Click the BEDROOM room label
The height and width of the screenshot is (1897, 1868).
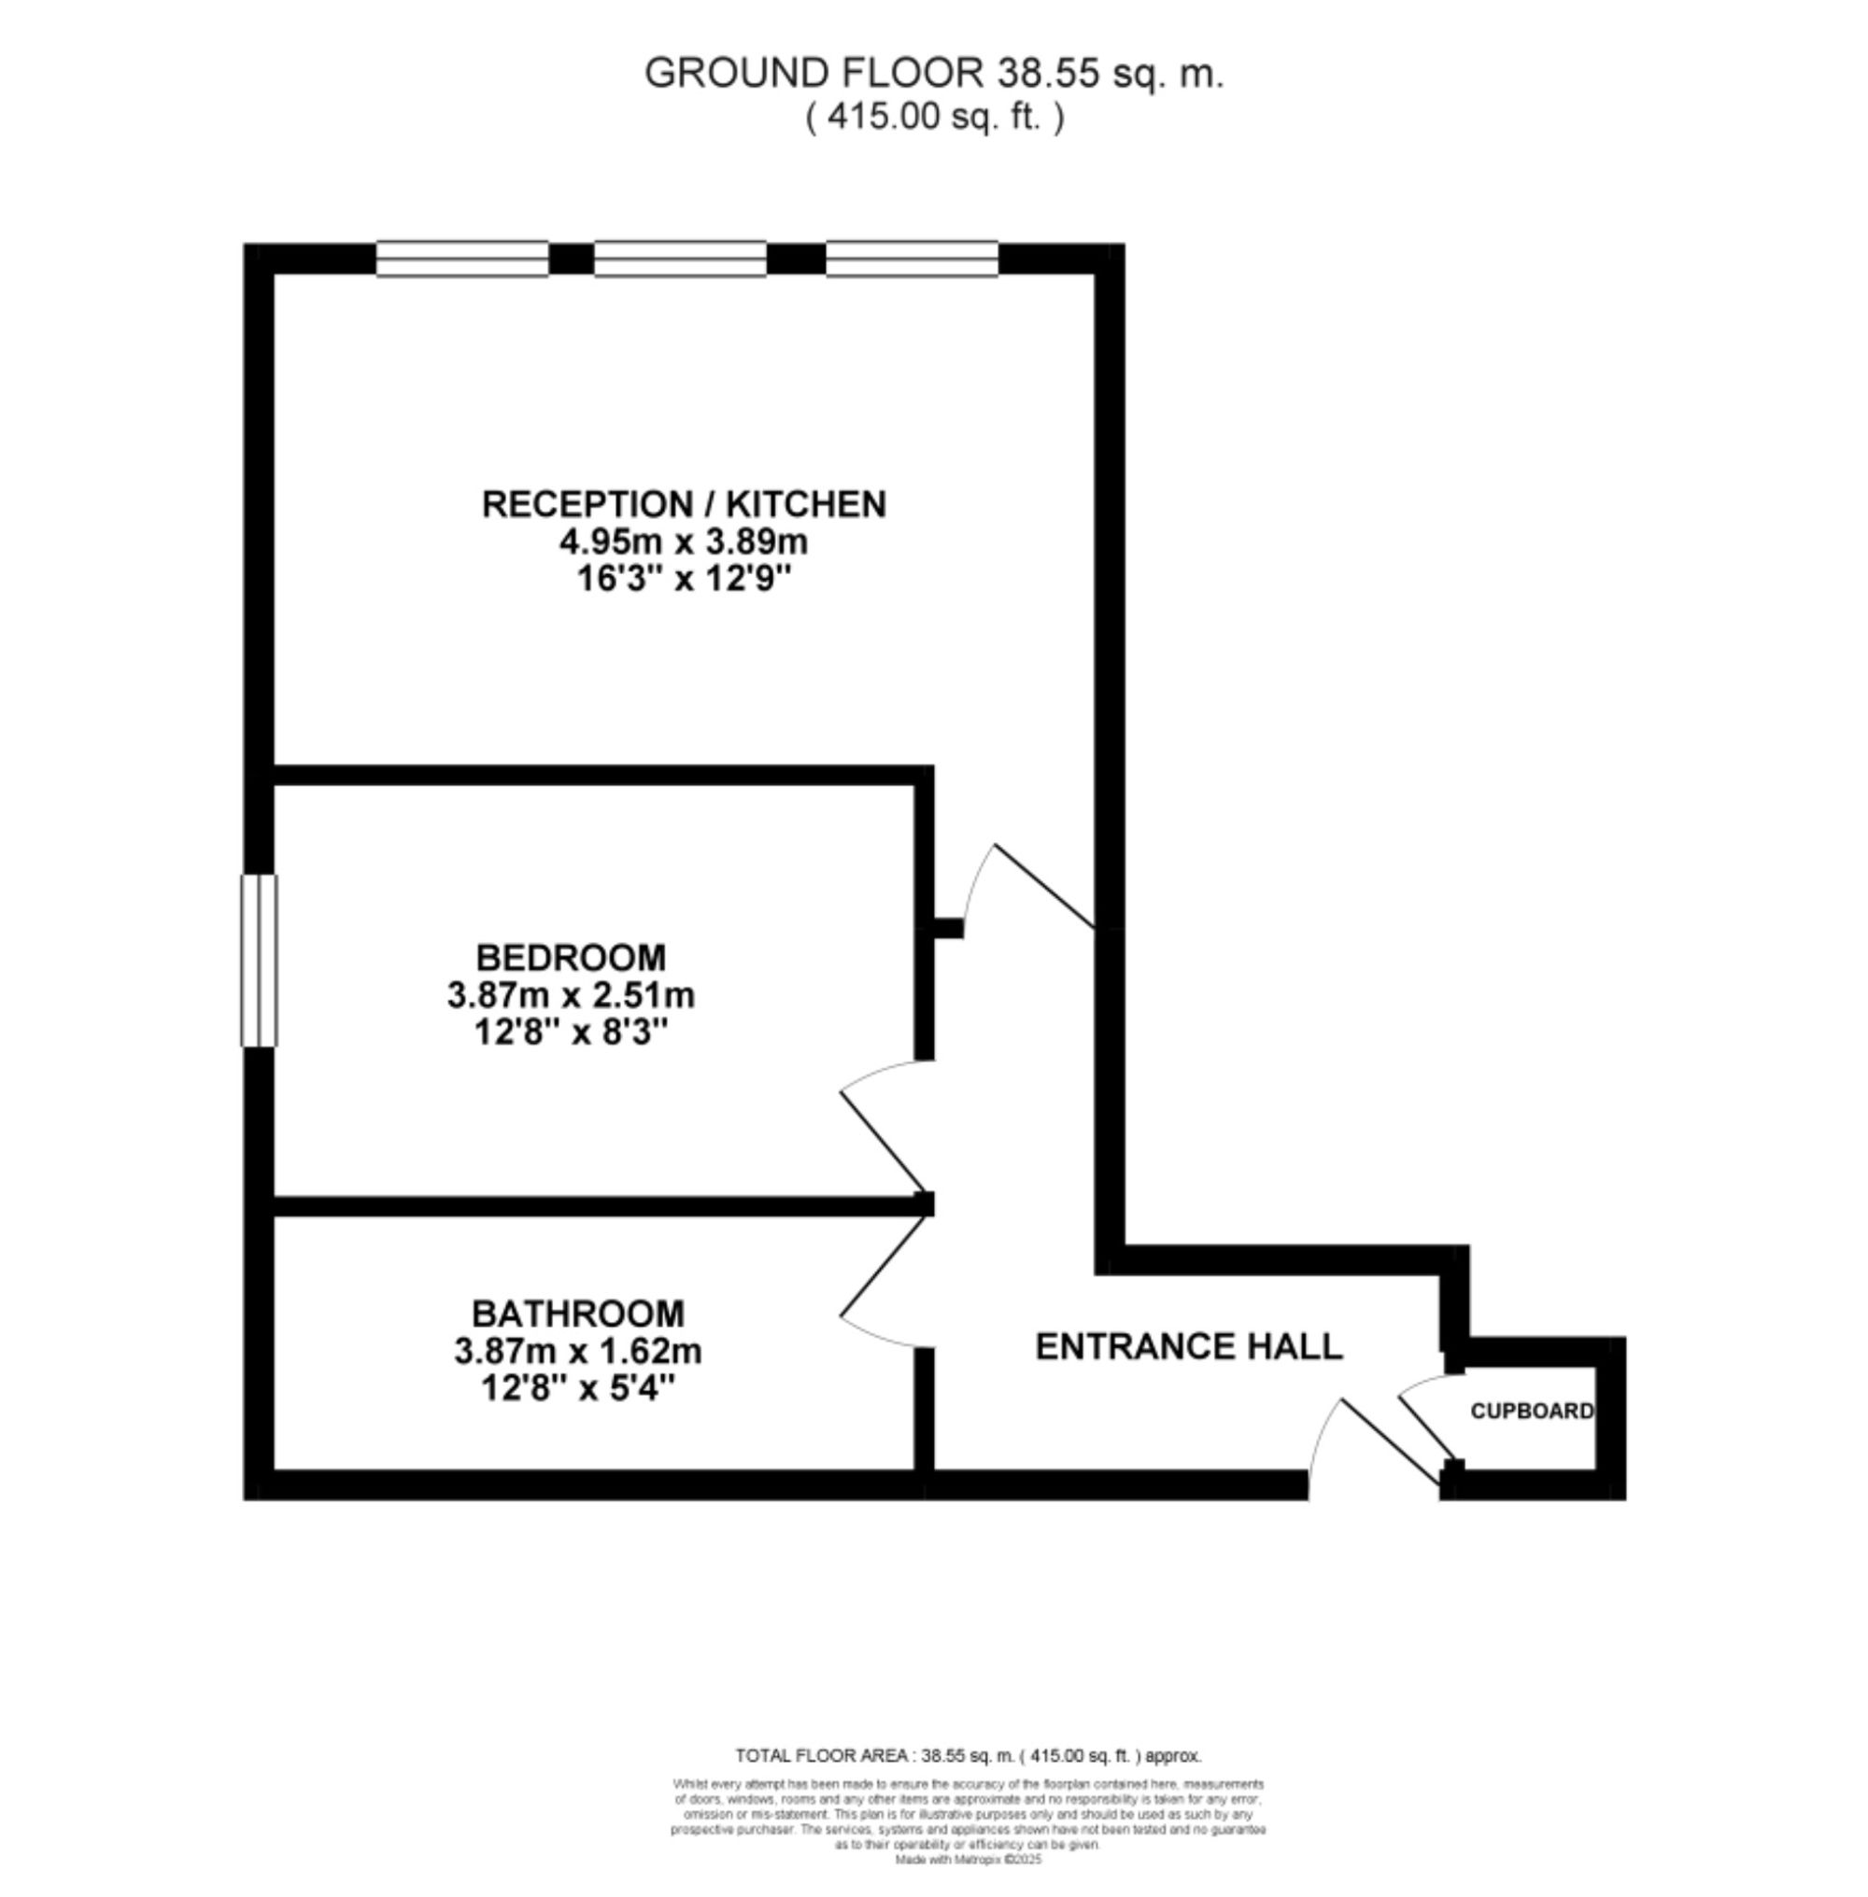(x=570, y=957)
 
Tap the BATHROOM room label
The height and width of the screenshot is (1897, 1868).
(x=578, y=1314)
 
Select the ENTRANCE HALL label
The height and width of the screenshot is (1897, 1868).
(x=1188, y=1347)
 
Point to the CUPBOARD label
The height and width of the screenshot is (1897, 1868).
(x=1532, y=1412)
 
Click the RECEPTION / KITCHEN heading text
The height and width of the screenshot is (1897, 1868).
(x=684, y=504)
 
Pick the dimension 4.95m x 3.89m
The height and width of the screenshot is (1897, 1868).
(x=684, y=541)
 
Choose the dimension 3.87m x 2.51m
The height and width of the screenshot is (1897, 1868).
(x=570, y=995)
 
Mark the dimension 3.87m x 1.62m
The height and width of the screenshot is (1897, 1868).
(x=578, y=1352)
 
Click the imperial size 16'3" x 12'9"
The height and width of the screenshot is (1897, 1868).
(x=684, y=579)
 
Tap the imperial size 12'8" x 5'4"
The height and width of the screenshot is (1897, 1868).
(x=578, y=1389)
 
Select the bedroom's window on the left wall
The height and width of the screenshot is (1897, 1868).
(x=259, y=961)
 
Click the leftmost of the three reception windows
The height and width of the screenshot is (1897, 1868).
(x=462, y=259)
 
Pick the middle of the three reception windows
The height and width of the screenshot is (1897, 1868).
(x=680, y=259)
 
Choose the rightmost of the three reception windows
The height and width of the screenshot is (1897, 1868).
(x=912, y=259)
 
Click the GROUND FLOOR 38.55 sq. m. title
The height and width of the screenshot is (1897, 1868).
(x=933, y=74)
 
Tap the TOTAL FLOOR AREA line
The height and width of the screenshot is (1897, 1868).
(x=968, y=1756)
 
